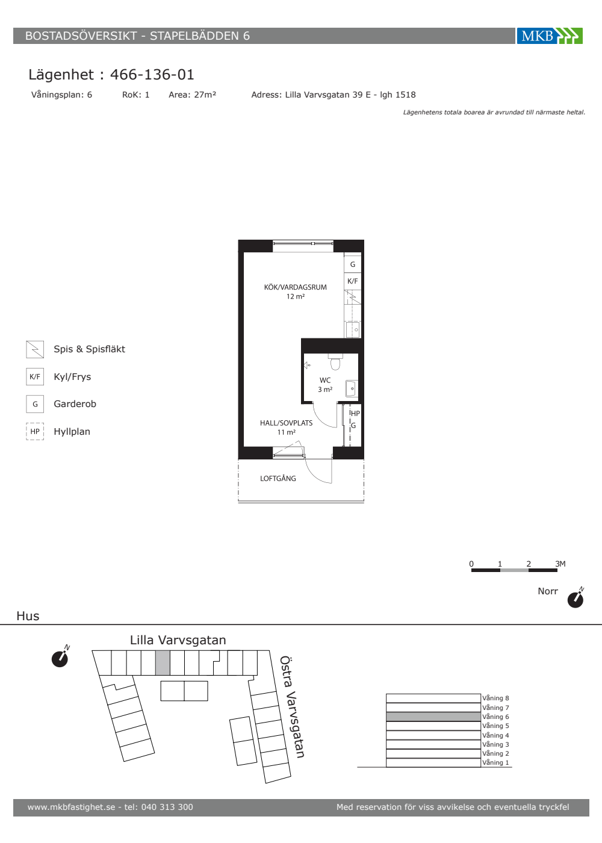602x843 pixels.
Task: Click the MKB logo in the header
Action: click(x=549, y=36)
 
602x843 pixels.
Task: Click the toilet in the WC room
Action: click(x=335, y=362)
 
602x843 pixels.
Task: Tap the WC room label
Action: click(x=325, y=380)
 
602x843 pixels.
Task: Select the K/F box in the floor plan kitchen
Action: click(x=353, y=281)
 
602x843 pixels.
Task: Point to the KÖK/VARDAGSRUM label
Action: click(x=296, y=287)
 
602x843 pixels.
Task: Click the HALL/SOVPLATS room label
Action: click(x=287, y=423)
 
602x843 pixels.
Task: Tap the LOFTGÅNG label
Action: click(x=278, y=478)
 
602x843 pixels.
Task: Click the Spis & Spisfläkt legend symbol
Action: click(x=35, y=349)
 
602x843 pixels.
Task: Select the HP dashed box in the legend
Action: click(x=35, y=431)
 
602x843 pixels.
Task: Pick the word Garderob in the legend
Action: click(x=75, y=404)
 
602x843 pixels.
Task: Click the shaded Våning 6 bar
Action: click(x=433, y=717)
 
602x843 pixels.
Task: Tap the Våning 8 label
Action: click(x=495, y=698)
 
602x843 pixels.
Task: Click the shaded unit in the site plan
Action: click(x=163, y=663)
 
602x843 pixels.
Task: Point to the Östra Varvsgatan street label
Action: click(x=292, y=707)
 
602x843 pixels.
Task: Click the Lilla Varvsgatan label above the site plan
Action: click(x=178, y=640)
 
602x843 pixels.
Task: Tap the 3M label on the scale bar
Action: click(x=560, y=564)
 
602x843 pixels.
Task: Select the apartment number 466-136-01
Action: click(x=152, y=75)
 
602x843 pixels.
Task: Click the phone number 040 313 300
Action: click(x=167, y=807)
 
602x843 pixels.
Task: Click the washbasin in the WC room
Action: click(x=352, y=388)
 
